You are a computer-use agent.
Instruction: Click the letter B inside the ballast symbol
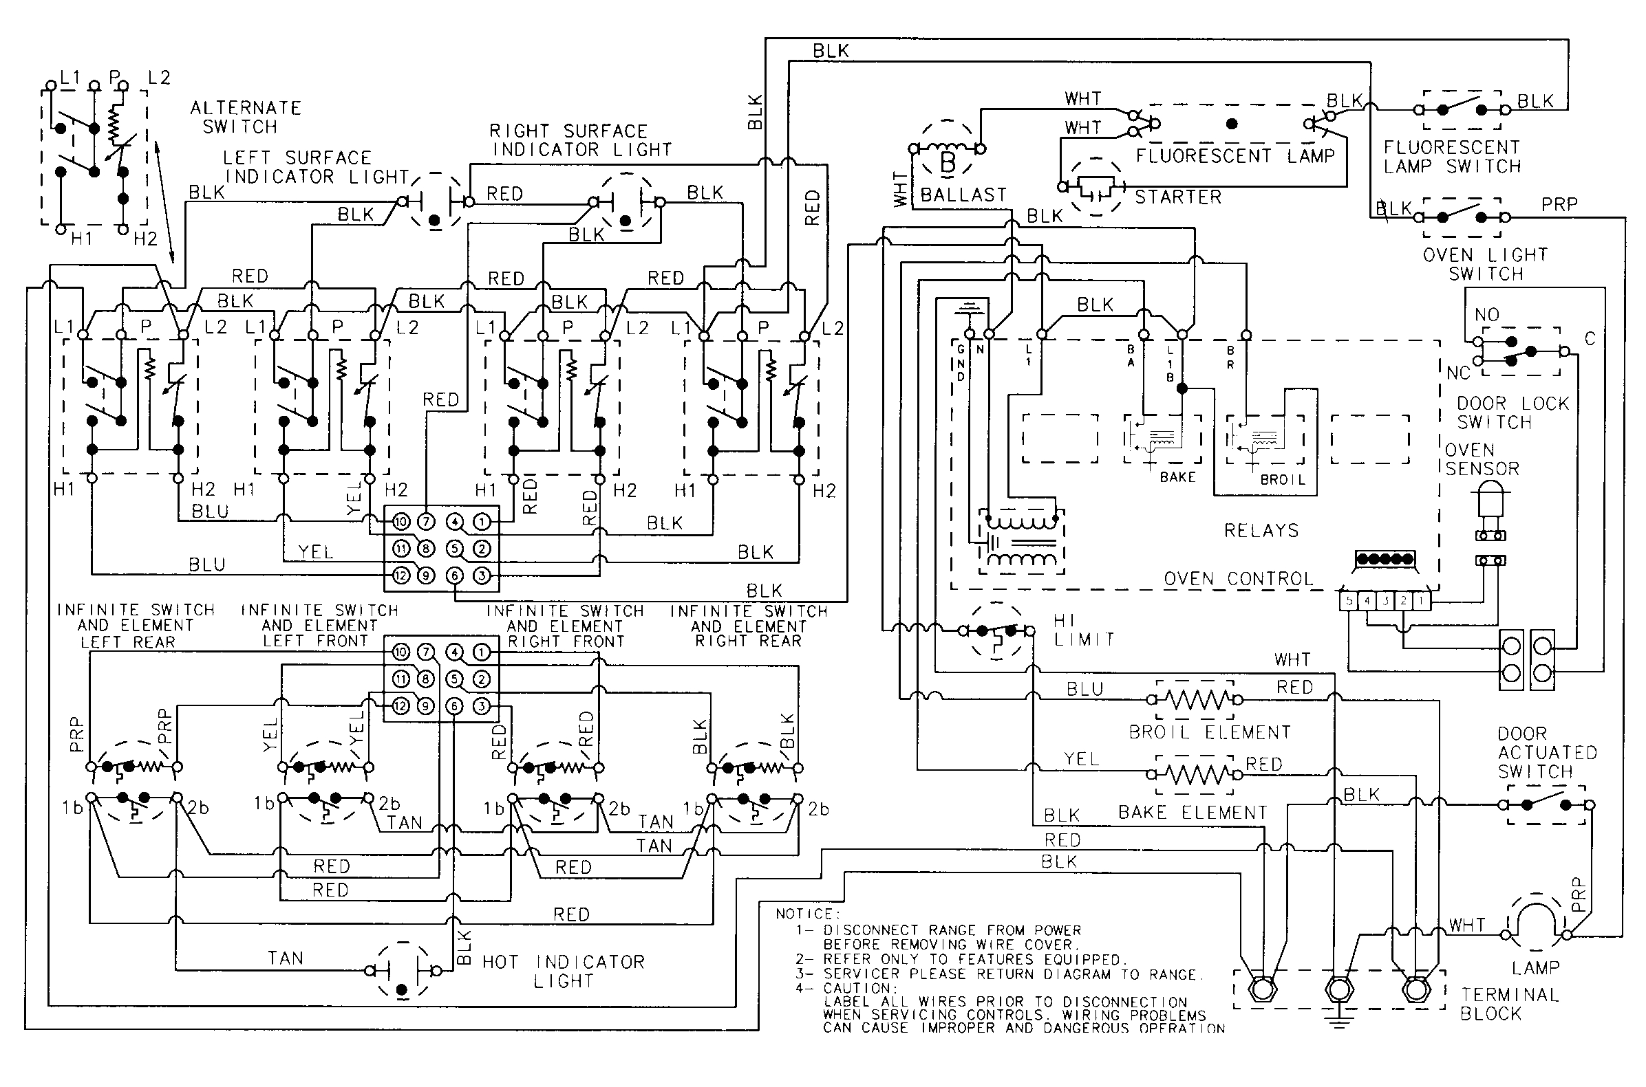tap(948, 164)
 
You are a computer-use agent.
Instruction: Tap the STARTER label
tap(1178, 197)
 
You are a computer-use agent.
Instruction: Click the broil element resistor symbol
tap(1195, 700)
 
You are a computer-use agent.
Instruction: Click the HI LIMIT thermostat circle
tap(997, 631)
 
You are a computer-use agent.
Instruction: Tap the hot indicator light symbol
tap(402, 970)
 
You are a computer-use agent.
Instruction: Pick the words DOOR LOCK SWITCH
tap(1512, 413)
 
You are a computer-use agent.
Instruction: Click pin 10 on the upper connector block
tap(402, 521)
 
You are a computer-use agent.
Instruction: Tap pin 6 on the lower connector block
tap(454, 705)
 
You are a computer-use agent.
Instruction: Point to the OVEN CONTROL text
tap(1238, 579)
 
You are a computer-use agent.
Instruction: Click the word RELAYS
tap(1261, 531)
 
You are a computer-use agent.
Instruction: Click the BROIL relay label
tap(1283, 480)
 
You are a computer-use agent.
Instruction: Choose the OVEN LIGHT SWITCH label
tap(1484, 264)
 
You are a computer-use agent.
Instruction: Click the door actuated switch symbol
tap(1547, 804)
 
